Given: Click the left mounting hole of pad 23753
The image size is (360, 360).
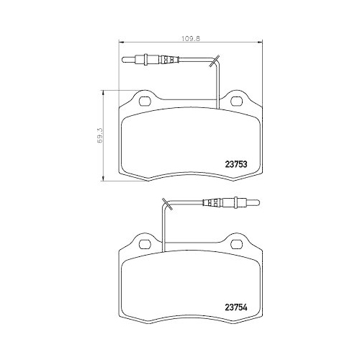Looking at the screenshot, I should point(143,99).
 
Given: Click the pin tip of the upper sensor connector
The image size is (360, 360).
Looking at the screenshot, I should point(127,61).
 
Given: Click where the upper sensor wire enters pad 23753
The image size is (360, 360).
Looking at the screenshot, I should point(220,101).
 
